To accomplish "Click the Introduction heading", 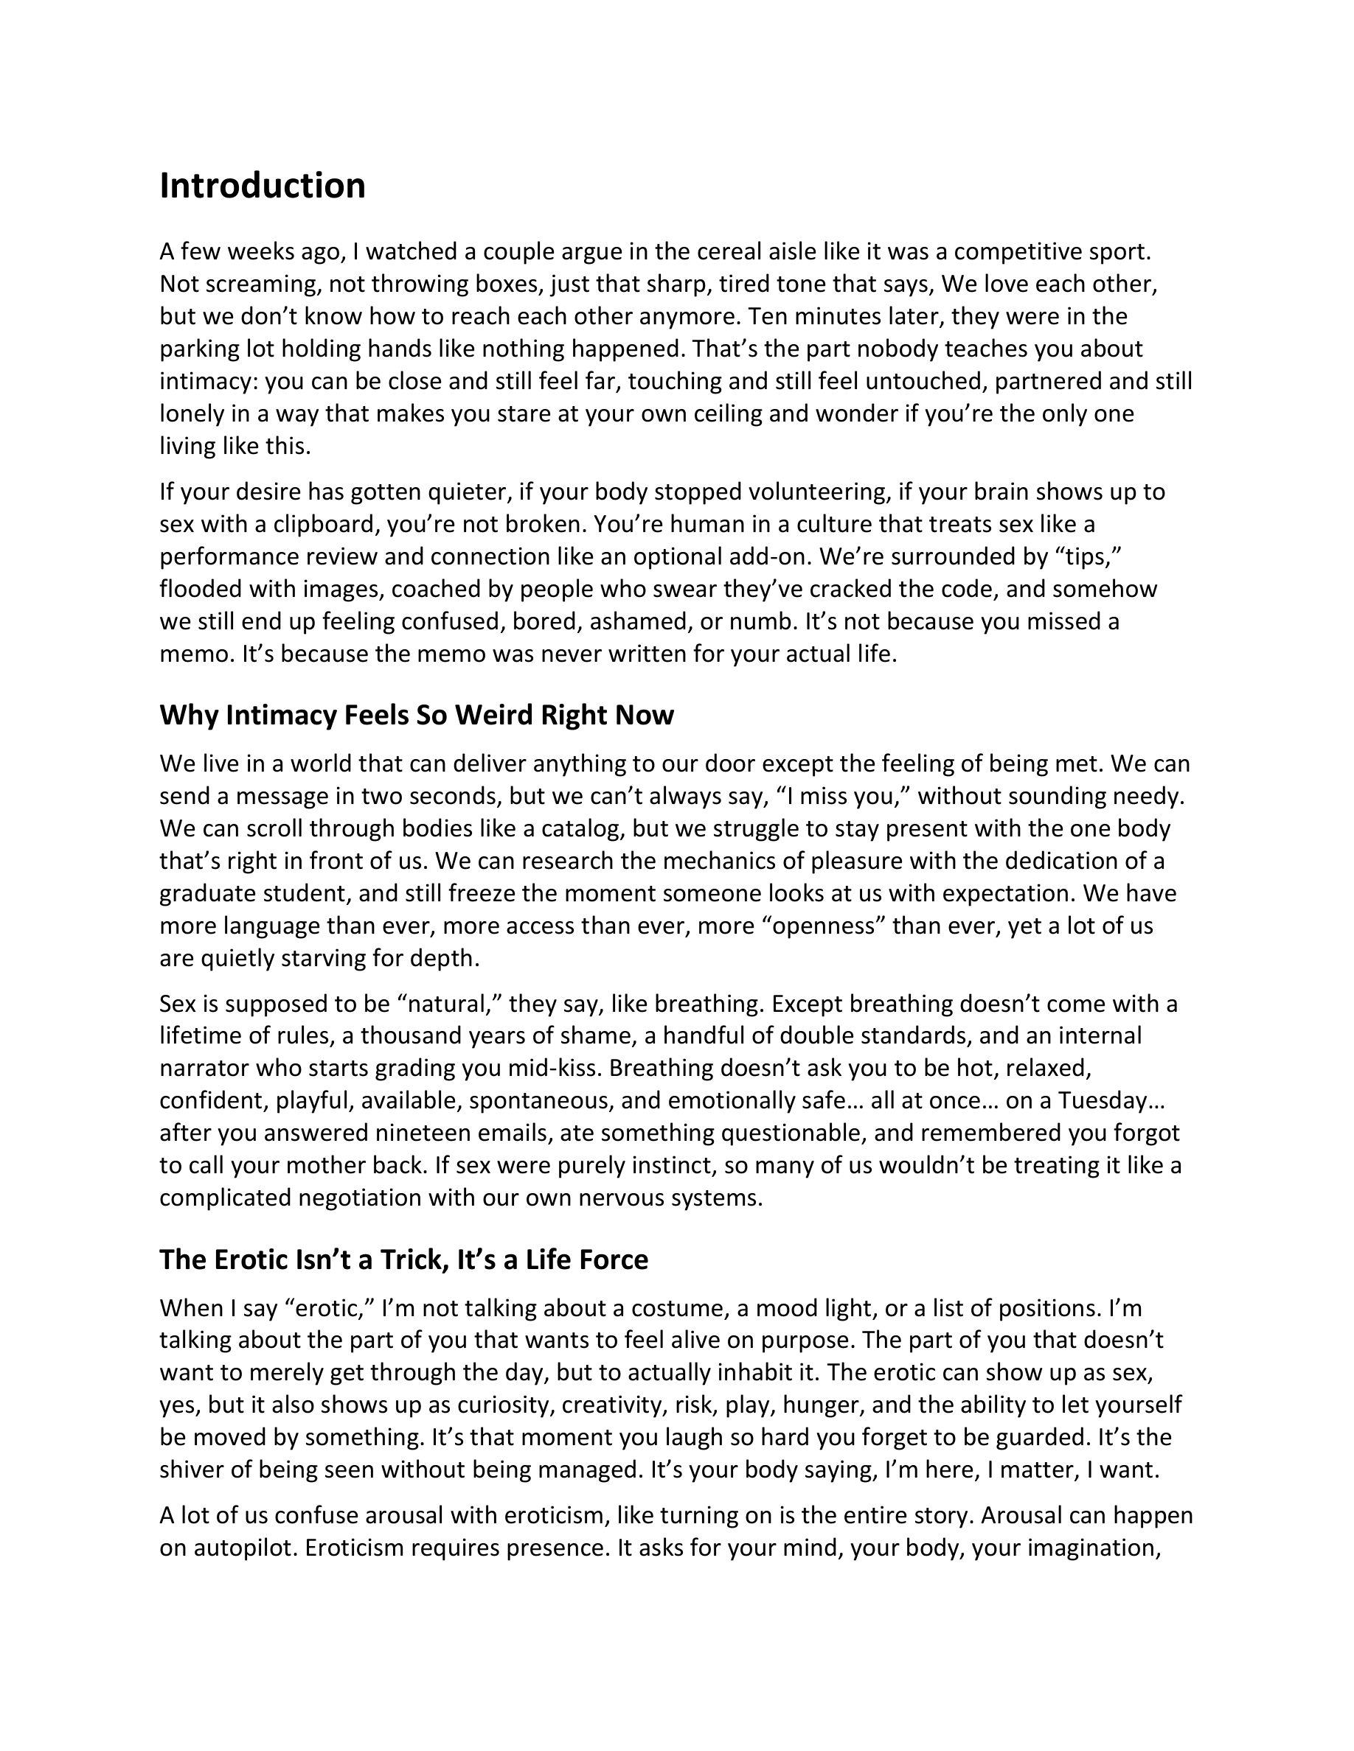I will pos(263,186).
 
